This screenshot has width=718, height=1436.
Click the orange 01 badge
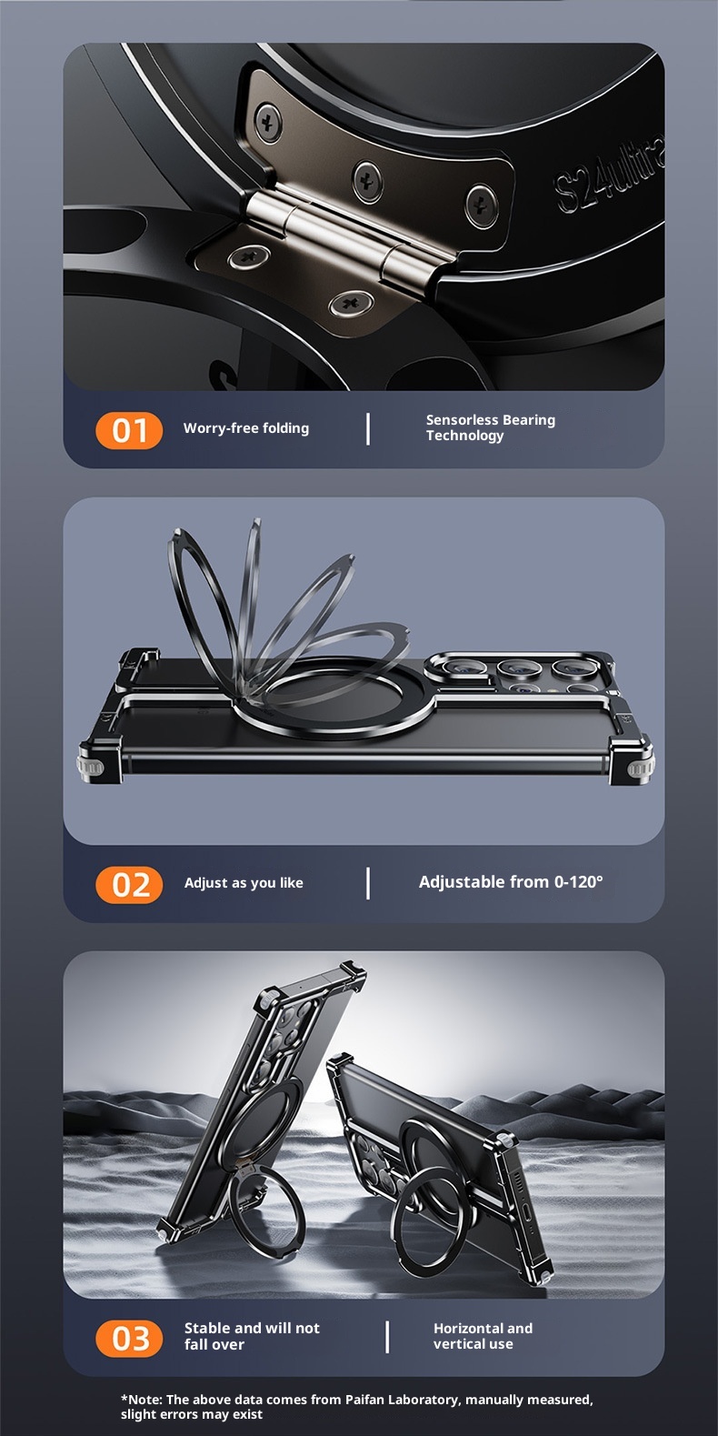[129, 430]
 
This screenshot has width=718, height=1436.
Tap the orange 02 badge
[129, 885]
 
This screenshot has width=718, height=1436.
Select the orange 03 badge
[129, 1339]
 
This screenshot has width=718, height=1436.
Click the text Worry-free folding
[246, 428]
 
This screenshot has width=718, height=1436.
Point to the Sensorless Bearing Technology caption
[491, 427]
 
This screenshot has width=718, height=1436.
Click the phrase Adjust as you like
[244, 883]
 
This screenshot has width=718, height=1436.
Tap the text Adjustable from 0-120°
[511, 882]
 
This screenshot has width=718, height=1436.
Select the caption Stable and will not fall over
[252, 1336]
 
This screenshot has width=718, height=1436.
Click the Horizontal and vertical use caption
[483, 1336]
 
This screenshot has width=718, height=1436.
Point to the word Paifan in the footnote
[365, 1400]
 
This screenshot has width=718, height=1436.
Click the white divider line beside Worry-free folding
[368, 429]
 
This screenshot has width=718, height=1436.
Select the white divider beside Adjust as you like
[368, 883]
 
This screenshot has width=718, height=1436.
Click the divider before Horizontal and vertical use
[387, 1337]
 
